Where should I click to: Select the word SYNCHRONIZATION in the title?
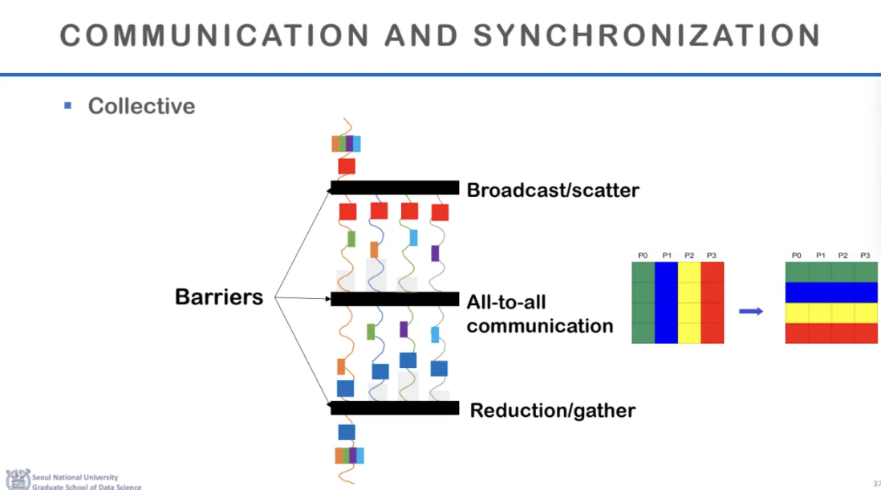[x=647, y=35]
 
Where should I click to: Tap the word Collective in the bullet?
[x=141, y=106]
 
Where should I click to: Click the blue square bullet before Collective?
[x=68, y=105]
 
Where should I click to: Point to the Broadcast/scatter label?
[x=553, y=190]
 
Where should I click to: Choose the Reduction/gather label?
[x=552, y=410]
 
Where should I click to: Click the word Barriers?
[x=219, y=297]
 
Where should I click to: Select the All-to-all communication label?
[x=539, y=314]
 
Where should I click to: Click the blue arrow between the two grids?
[x=750, y=311]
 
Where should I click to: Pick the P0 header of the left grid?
[x=643, y=255]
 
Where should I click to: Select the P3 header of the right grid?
[x=865, y=255]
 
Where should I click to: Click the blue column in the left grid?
[x=666, y=303]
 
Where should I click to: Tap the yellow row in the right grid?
[x=831, y=312]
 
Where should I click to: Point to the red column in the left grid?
[x=713, y=303]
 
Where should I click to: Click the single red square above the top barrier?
[x=347, y=166]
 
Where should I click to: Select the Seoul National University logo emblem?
[x=17, y=479]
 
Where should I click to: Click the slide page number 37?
[x=876, y=483]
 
